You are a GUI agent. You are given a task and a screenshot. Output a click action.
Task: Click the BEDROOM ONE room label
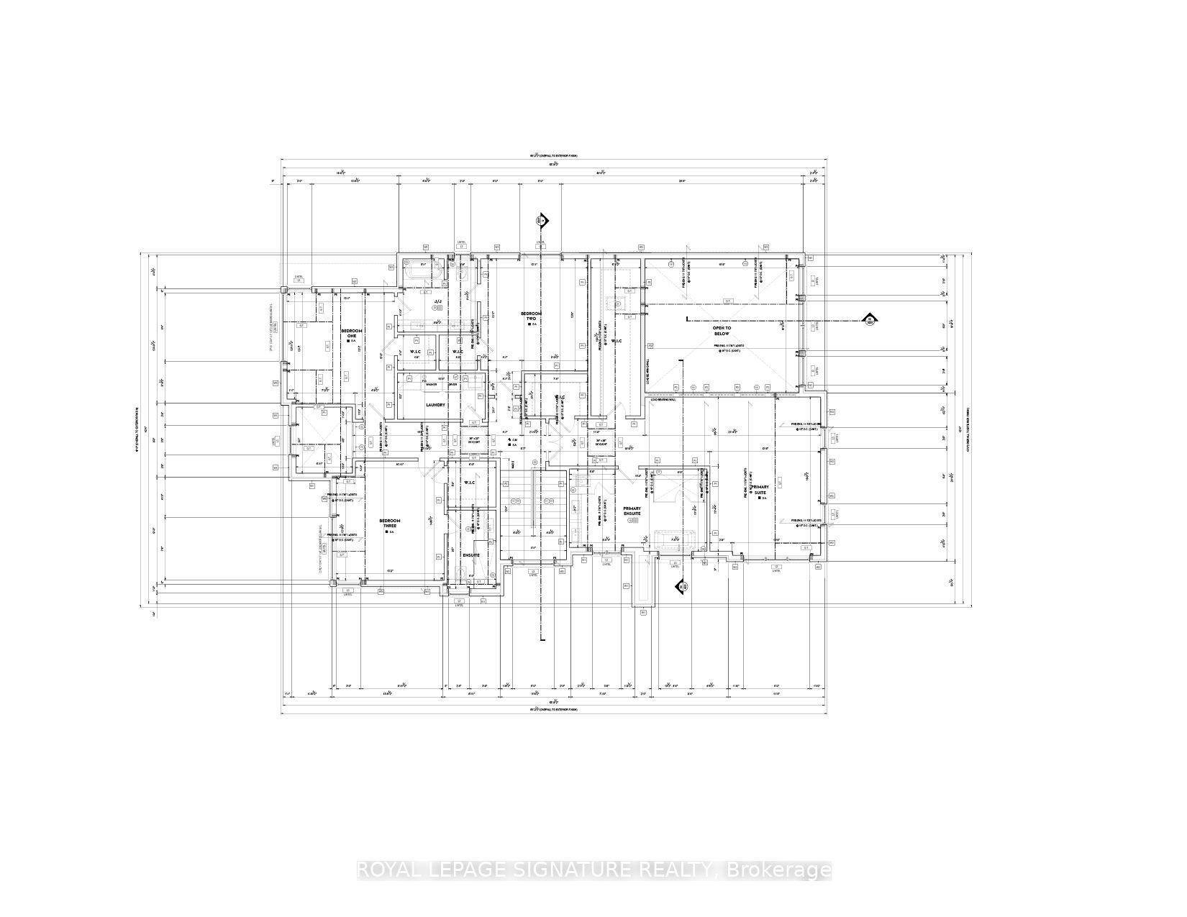[353, 333]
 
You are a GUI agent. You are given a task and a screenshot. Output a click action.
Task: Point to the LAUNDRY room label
[435, 405]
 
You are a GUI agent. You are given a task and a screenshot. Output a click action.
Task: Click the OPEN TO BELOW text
[721, 331]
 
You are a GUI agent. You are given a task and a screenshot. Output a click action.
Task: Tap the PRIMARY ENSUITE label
[632, 511]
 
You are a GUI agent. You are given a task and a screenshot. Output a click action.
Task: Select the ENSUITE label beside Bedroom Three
[471, 555]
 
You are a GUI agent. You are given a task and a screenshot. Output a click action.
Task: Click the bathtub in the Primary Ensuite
[673, 539]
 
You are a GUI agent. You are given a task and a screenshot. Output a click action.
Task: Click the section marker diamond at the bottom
[679, 588]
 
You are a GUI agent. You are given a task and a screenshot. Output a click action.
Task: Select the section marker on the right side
[869, 320]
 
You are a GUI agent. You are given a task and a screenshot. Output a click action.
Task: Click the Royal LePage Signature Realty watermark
[594, 870]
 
